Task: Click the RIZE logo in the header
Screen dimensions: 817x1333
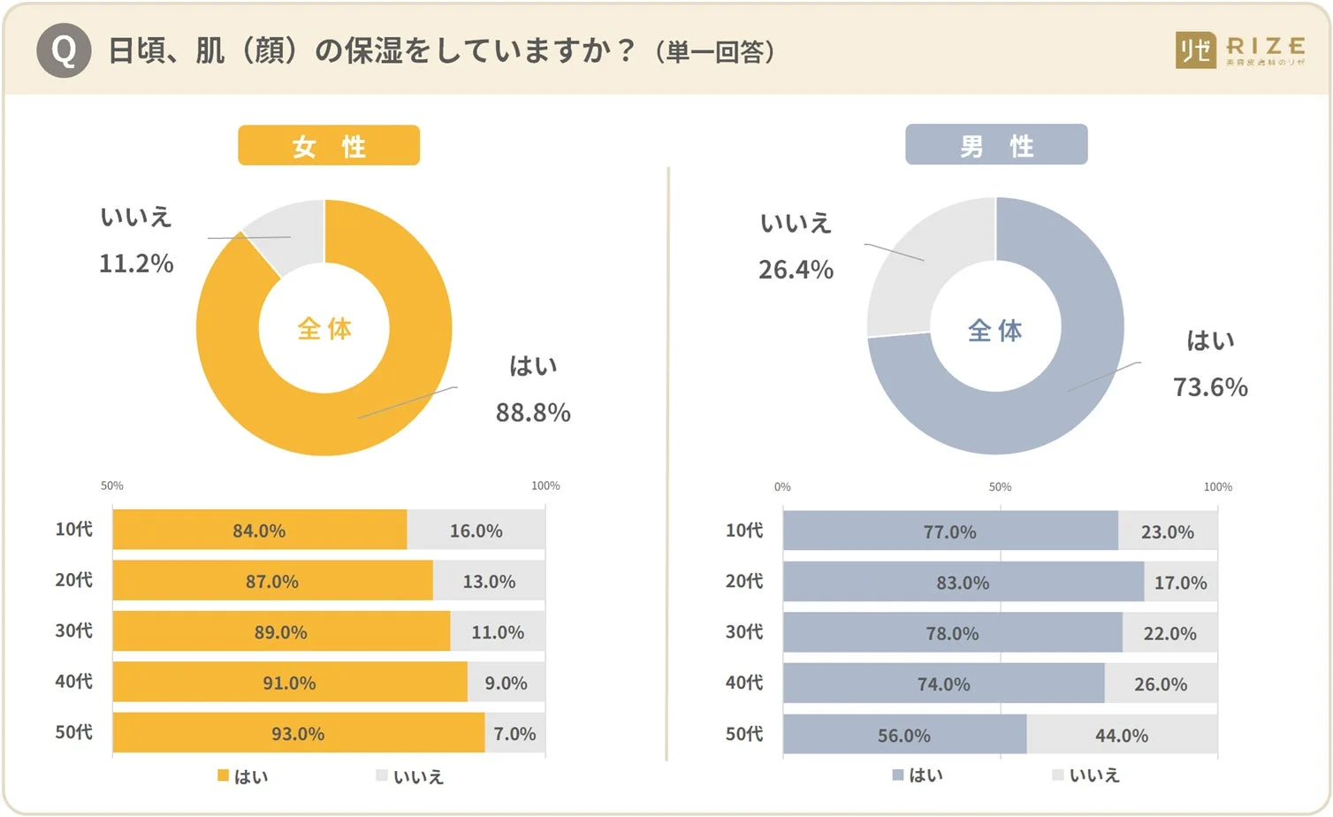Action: (x=1239, y=50)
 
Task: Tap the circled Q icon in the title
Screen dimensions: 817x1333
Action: (x=64, y=50)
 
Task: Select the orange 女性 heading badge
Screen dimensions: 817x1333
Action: (x=329, y=146)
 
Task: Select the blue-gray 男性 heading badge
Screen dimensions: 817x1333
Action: (x=996, y=145)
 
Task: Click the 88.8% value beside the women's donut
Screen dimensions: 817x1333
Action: (x=533, y=413)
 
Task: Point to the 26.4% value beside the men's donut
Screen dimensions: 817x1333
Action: (x=796, y=270)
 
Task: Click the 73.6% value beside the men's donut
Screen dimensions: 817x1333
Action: (x=1210, y=387)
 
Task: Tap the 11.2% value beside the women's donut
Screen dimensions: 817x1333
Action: (x=136, y=263)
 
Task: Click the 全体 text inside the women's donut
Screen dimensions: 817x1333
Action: (x=324, y=329)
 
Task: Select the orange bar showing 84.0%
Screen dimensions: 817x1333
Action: (x=259, y=531)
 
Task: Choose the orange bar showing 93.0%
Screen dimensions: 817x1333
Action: (x=298, y=734)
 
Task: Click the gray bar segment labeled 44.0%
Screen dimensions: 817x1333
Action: (x=1122, y=736)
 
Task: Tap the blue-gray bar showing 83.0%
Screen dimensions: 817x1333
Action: (x=963, y=583)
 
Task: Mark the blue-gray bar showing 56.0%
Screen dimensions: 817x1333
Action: (x=903, y=736)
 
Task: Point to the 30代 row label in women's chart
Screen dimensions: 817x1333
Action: (x=73, y=631)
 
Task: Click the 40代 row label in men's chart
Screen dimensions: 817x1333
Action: (x=743, y=683)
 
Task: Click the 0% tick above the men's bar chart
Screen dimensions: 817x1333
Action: (x=782, y=487)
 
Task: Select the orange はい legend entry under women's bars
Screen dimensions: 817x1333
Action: (x=243, y=776)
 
